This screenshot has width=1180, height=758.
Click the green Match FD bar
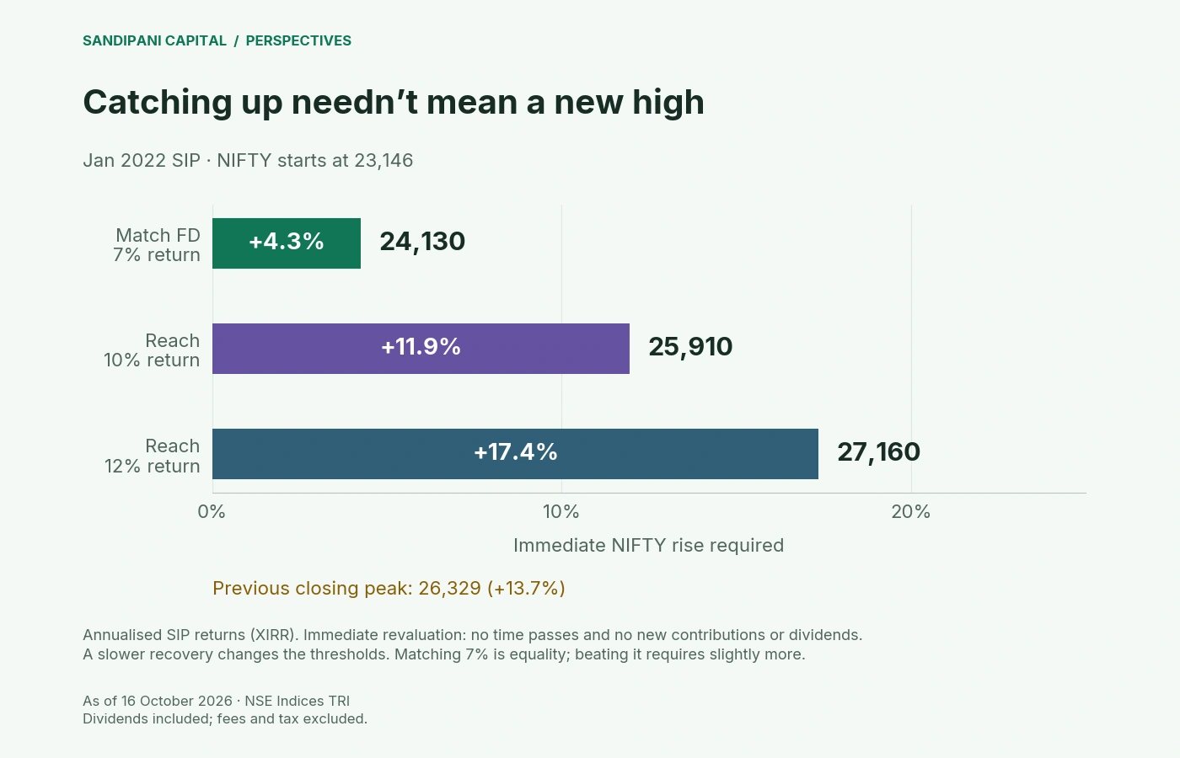point(287,243)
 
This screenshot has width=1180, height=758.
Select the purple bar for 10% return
point(421,349)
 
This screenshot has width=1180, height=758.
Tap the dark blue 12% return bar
point(515,454)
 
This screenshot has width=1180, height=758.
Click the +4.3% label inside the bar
point(286,242)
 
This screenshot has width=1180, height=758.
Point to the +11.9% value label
point(421,347)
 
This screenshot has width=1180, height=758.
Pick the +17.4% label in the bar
point(515,452)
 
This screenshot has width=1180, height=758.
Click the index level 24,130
point(422,243)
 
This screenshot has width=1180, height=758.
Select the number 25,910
point(690,347)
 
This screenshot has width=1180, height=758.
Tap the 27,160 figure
point(878,453)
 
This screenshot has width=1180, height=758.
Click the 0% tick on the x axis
point(212,512)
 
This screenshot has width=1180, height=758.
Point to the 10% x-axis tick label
point(561,512)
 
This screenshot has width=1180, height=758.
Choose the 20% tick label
point(911,512)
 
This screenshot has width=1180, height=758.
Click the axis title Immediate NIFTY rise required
point(648,546)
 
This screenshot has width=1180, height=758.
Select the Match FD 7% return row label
point(157,245)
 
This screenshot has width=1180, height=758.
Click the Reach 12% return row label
point(153,456)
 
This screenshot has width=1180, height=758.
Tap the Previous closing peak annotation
point(389,588)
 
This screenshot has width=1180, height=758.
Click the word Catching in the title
point(158,103)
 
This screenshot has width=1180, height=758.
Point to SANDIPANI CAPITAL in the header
point(155,40)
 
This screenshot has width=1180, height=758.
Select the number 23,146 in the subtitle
point(383,161)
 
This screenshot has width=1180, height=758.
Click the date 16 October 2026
point(176,701)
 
